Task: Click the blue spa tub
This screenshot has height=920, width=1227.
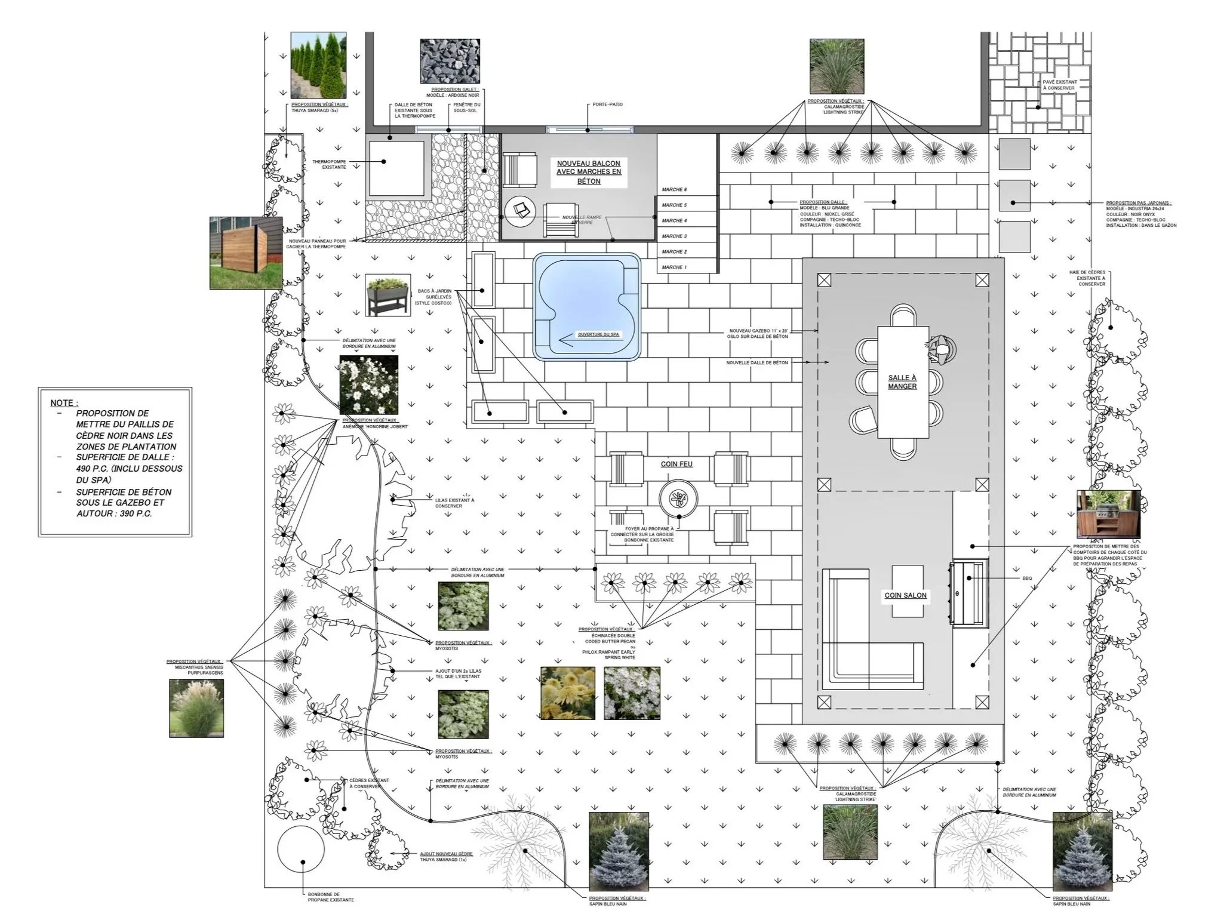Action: pos(586,307)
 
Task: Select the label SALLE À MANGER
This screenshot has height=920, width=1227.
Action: pos(902,382)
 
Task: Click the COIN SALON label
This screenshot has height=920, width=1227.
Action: pos(905,595)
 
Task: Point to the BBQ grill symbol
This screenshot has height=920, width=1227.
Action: pos(967,593)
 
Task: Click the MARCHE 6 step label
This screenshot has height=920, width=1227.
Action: pos(674,190)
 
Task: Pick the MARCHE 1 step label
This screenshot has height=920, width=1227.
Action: pos(674,267)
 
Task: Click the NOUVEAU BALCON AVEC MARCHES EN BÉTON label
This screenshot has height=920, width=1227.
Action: pos(588,172)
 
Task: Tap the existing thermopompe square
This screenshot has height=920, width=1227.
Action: pos(396,166)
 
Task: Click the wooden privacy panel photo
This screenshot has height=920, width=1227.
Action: pos(245,253)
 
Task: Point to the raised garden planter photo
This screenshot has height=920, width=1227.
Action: pos(388,295)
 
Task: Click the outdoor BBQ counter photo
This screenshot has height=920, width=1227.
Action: pos(1108,515)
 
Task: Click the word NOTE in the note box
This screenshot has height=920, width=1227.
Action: pos(63,403)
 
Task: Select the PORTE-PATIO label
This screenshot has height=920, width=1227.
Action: pos(607,104)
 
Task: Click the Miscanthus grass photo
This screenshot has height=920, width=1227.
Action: pos(196,708)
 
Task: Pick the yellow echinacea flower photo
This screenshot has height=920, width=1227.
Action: pos(567,693)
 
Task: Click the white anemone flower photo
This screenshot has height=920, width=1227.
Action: pos(368,385)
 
